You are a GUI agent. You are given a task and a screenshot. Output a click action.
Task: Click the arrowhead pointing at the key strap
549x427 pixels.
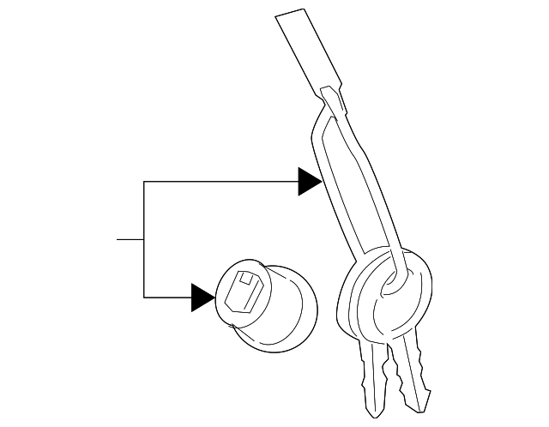point(309,181)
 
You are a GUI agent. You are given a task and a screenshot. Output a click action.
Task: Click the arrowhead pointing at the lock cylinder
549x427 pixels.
point(202,297)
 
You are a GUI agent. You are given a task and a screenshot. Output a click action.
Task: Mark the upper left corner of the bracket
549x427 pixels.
point(144,182)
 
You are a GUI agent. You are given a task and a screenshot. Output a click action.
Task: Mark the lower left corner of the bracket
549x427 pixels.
point(144,297)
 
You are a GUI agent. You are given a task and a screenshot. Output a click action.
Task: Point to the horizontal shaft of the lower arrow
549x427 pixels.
point(167,297)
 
